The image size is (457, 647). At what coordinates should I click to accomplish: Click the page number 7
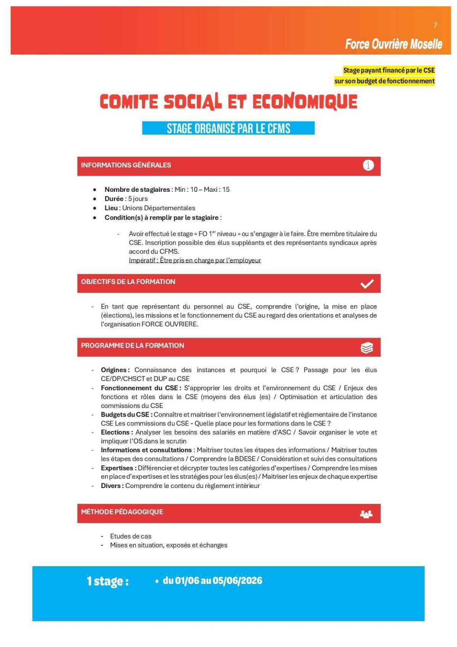[435, 26]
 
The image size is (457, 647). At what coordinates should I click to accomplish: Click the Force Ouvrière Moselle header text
[393, 44]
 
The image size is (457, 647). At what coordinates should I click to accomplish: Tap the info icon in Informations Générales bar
[368, 165]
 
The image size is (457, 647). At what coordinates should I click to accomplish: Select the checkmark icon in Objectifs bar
[367, 284]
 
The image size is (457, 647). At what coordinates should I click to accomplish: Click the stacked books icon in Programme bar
[367, 348]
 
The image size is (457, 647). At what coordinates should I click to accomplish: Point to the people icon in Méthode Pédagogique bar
[366, 514]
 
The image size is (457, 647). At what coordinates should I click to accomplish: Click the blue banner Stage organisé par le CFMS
[228, 128]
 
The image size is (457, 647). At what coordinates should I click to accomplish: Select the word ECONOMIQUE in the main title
[305, 102]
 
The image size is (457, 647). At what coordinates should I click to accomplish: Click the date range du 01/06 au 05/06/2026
[213, 581]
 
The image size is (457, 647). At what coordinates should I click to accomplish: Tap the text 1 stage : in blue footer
[107, 581]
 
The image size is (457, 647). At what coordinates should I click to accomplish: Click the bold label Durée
[114, 199]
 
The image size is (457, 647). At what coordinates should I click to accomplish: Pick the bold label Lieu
[111, 208]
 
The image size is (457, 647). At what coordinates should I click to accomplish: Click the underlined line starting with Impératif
[195, 260]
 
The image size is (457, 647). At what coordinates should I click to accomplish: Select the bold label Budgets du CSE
[126, 414]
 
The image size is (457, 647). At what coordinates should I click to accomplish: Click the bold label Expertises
[118, 468]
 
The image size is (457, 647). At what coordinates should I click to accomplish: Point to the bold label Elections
[117, 432]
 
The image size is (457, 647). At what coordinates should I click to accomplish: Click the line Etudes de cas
[131, 536]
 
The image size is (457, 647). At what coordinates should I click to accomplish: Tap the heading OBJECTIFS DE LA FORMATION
[128, 282]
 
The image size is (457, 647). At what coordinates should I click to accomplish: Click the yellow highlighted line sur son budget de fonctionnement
[384, 81]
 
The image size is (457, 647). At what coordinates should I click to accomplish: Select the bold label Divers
[112, 486]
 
